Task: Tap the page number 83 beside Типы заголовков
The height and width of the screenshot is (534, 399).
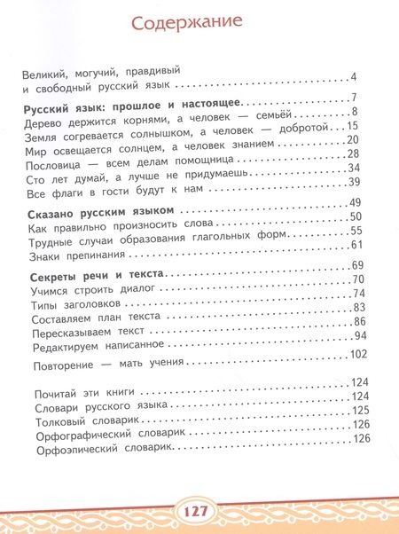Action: pyautogui.click(x=359, y=308)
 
